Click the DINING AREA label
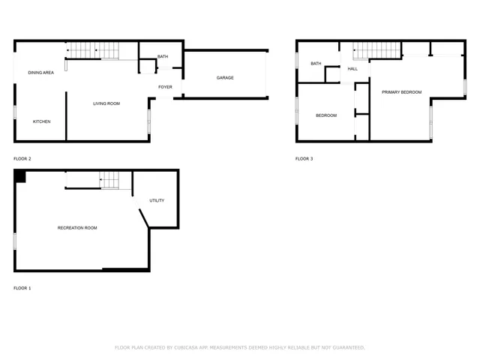pyautogui.click(x=40, y=73)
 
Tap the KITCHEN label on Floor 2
pyautogui.click(x=41, y=121)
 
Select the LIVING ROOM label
pyautogui.click(x=106, y=103)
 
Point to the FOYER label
pyautogui.click(x=165, y=87)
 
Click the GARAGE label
pyautogui.click(x=225, y=78)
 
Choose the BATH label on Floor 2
pyautogui.click(x=163, y=57)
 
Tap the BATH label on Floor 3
pyautogui.click(x=316, y=64)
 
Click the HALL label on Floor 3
pyautogui.click(x=352, y=69)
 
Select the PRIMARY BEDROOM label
pyautogui.click(x=401, y=92)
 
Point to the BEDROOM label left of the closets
pyautogui.click(x=325, y=115)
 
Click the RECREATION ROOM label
pyautogui.click(x=77, y=228)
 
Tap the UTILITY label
pyautogui.click(x=157, y=200)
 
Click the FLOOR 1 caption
pyautogui.click(x=22, y=288)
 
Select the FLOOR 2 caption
pyautogui.click(x=22, y=159)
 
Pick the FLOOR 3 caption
pyautogui.click(x=304, y=159)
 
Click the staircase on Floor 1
pyautogui.click(x=110, y=180)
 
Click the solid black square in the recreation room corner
pyautogui.click(x=20, y=176)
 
